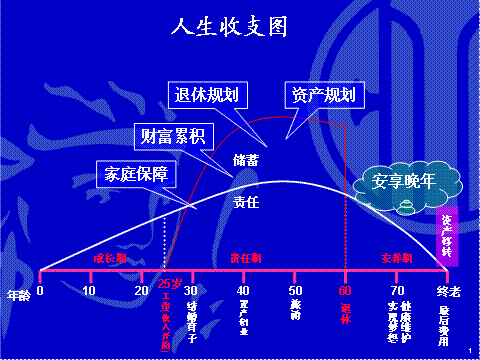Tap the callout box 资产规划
[x=321, y=95]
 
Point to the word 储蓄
[x=246, y=159]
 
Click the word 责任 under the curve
[x=246, y=201]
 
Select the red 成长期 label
[x=109, y=257]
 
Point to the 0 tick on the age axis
[x=40, y=290]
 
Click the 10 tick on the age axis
[x=90, y=290]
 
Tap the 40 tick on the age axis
[x=243, y=290]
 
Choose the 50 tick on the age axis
[x=295, y=290]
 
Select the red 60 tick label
[x=346, y=290]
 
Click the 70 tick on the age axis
[x=397, y=290]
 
